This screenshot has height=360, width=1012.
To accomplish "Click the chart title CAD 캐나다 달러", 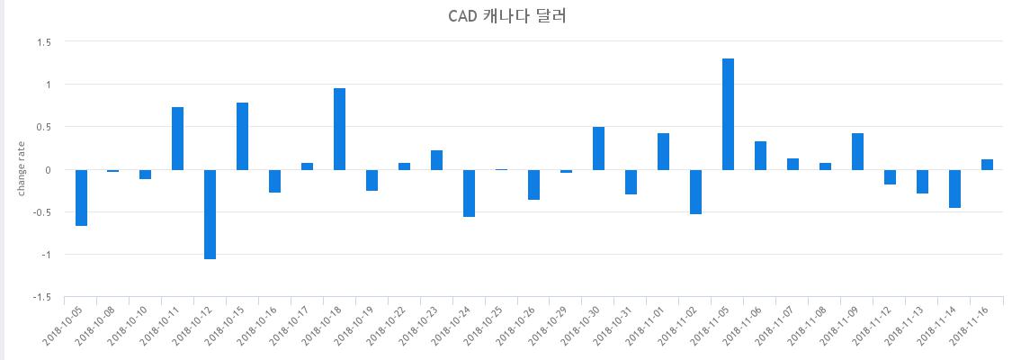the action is click(x=506, y=16).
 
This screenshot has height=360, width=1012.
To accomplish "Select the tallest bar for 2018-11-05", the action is click(x=728, y=114).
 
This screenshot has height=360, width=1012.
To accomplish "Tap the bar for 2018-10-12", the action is click(x=210, y=214).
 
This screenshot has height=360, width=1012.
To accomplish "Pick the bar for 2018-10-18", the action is click(x=339, y=129).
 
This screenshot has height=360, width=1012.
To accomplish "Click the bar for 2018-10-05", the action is click(x=81, y=197).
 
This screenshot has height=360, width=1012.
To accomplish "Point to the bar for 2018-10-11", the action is click(x=177, y=139).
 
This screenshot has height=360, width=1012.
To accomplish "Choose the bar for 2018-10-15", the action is click(x=243, y=136).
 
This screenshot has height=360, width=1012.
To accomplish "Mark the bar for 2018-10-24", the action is click(x=470, y=193).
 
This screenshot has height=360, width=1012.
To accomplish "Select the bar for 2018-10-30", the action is click(x=598, y=148).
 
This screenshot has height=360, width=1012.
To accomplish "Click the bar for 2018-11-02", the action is click(x=695, y=192).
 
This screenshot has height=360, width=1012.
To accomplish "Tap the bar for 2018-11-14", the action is click(x=954, y=188).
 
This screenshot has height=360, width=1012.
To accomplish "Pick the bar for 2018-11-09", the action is click(x=858, y=151).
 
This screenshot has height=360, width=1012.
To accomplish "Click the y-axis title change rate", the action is click(x=22, y=170).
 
